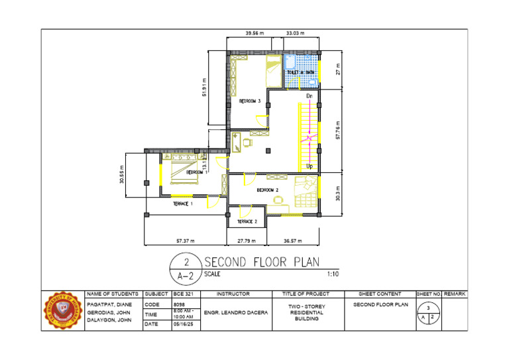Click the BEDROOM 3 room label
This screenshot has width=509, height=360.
tap(250, 101)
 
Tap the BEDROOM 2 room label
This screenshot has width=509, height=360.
tap(267, 190)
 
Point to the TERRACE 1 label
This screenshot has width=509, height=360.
tap(183, 204)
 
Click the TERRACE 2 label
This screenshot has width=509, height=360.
tap(247, 221)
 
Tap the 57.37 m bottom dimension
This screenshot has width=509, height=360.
tap(186, 241)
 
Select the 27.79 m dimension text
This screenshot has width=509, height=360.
tap(246, 241)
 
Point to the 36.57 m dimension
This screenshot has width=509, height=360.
tap(292, 241)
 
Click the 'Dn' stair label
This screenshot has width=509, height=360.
tap(309, 96)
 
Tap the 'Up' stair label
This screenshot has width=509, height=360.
tap(309, 166)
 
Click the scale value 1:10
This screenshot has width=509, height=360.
tap(333, 273)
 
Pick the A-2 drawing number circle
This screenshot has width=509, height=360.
tap(186, 268)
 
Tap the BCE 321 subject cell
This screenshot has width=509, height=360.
tap(182, 293)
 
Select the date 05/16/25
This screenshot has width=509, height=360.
tap(182, 325)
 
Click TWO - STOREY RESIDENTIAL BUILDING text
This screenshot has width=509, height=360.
tap(307, 312)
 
